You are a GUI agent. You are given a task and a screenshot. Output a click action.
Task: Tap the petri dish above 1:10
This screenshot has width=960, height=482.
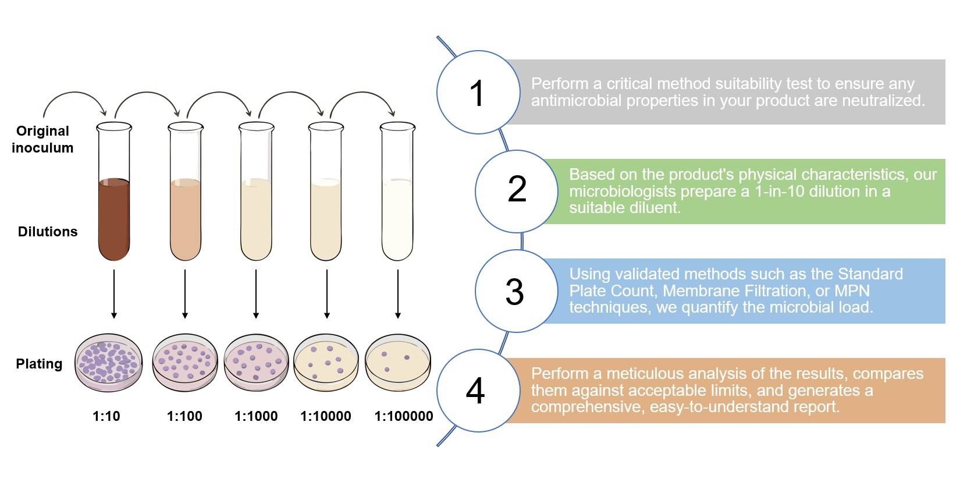pos(109,361)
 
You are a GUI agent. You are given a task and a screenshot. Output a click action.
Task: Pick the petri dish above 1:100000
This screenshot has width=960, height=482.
pos(397,363)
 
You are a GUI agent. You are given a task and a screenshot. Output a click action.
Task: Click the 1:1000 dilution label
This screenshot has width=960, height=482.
pos(256,416)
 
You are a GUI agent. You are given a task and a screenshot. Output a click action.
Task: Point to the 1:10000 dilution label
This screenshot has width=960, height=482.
pos(326,416)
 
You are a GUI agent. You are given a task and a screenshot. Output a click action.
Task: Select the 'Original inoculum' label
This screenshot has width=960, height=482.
pos(42,139)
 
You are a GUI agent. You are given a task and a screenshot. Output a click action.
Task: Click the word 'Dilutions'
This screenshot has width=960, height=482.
pos(48,232)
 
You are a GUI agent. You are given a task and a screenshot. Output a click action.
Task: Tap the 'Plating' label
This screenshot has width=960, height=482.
pos(39,364)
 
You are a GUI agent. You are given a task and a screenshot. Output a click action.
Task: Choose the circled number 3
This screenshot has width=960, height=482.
pos(515,291)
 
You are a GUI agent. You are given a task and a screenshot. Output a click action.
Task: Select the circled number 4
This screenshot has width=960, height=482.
pos(476,391)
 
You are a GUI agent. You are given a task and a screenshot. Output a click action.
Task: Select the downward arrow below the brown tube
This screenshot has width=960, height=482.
pos(114,294)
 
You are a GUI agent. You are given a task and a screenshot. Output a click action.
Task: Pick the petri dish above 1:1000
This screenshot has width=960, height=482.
pos(256,362)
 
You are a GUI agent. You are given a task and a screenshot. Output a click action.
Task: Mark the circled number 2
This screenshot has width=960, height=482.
pos(517,190)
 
